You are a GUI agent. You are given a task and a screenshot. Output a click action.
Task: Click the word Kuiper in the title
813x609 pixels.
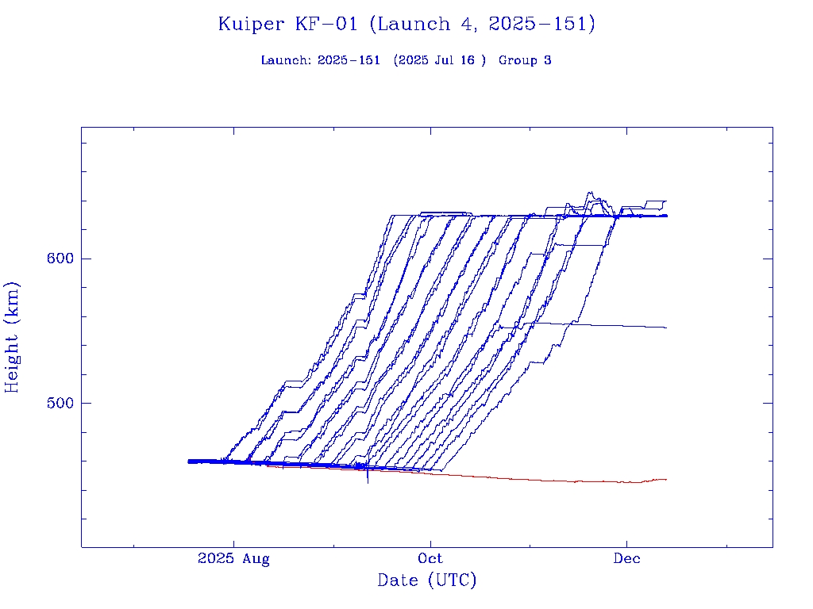pos(251,25)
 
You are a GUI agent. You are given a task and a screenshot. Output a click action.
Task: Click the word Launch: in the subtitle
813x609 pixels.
pos(286,60)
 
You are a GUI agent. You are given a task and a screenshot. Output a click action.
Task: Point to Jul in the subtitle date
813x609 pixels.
pos(444,60)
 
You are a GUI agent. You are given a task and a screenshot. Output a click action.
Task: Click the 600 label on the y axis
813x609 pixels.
pos(60,259)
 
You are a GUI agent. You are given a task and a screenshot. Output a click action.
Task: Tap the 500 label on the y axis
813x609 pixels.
pos(60,403)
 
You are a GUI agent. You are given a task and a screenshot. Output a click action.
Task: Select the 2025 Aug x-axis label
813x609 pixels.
pos(233,559)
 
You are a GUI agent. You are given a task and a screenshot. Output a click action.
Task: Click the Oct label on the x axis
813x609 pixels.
pos(430,559)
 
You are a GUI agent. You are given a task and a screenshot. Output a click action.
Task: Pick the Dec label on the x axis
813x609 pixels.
pos(627,559)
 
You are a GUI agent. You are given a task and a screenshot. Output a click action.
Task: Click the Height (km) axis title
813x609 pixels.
pos(13,337)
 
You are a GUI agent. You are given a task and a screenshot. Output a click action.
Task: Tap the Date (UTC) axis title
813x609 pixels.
pos(427,580)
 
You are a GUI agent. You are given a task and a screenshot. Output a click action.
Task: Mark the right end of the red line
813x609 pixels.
pos(665,480)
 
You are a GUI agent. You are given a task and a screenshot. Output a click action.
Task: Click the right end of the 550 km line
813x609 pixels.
pos(665,327)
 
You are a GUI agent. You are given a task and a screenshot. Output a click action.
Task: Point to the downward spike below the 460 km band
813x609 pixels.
pos(368,479)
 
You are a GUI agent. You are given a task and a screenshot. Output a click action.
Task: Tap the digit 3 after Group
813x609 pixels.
pos(548,60)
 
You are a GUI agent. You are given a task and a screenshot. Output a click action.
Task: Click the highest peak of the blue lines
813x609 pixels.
pos(589,193)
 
